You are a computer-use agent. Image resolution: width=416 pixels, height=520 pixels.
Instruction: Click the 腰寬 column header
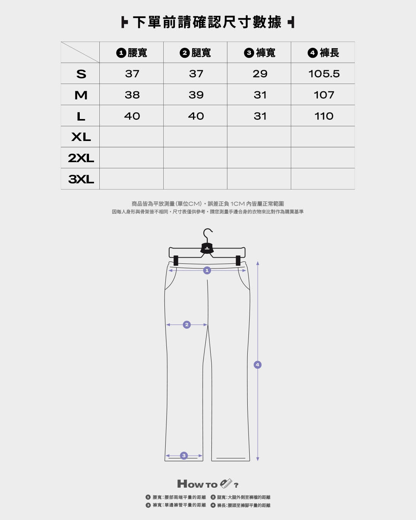click(x=132, y=53)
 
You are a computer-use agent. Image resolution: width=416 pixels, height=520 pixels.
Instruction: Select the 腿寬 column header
click(x=195, y=53)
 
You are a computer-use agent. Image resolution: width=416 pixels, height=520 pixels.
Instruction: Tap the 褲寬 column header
click(x=260, y=53)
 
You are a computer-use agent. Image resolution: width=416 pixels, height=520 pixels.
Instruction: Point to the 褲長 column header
click(x=324, y=53)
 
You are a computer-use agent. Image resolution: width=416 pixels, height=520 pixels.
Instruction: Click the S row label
click(x=81, y=74)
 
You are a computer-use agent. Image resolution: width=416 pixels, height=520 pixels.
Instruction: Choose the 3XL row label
click(x=81, y=179)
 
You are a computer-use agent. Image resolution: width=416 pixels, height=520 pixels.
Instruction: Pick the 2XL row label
click(x=81, y=158)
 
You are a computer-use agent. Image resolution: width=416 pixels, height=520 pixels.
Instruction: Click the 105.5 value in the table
click(x=324, y=74)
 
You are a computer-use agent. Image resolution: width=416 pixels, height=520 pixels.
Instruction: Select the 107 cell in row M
click(x=324, y=95)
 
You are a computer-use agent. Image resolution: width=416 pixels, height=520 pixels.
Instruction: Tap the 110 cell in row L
click(x=324, y=116)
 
